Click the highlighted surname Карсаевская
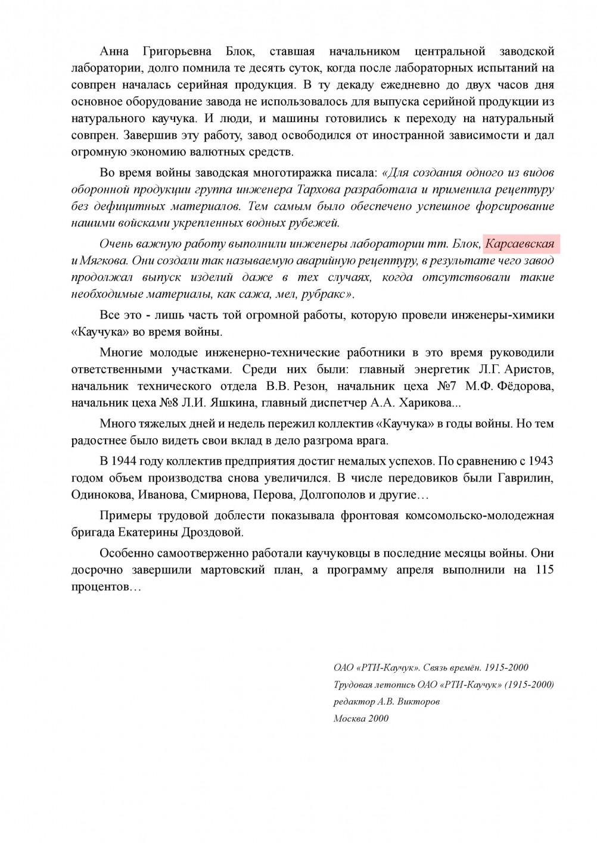[x=519, y=244]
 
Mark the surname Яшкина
[x=232, y=403]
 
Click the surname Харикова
[x=425, y=403]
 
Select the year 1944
[x=126, y=461]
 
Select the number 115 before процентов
[x=545, y=570]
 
